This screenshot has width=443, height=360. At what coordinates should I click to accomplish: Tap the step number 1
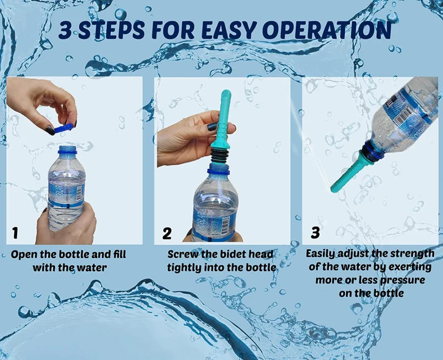coord(15,233)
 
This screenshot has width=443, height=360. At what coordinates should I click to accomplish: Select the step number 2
coord(167,233)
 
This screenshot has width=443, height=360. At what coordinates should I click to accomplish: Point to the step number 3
coord(315,232)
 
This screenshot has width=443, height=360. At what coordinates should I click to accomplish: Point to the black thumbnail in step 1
coord(50,130)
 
